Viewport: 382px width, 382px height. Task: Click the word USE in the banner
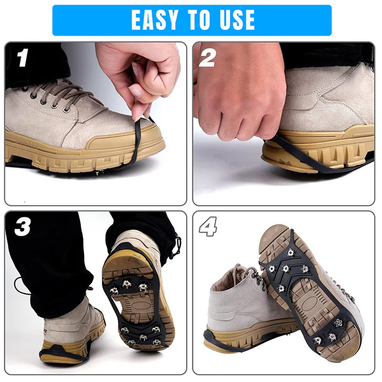(x=234, y=20)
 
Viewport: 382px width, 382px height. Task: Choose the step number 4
(x=208, y=227)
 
